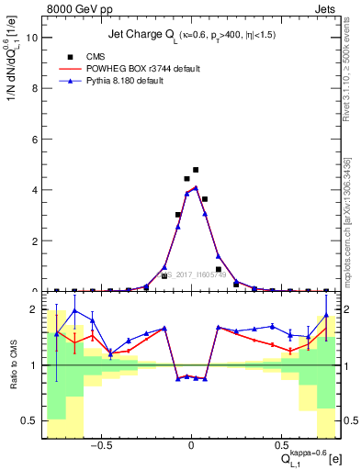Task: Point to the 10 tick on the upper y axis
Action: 31,38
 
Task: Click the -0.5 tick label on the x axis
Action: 102,446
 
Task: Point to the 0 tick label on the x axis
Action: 191,446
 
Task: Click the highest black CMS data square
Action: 196,170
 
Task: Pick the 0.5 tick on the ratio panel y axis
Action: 30,420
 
